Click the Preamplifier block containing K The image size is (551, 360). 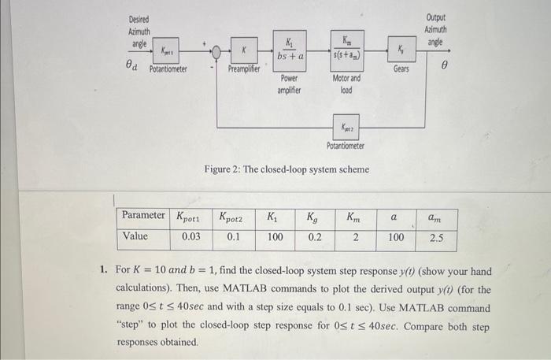click(x=245, y=53)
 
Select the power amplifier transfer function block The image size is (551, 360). click(x=290, y=52)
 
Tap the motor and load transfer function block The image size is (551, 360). click(x=346, y=52)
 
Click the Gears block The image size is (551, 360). click(x=401, y=53)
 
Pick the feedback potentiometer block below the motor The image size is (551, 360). click(x=346, y=126)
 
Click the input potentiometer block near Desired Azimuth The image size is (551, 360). click(x=167, y=53)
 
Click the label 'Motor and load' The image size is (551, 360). click(x=346, y=84)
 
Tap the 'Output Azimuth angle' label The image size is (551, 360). click(x=435, y=29)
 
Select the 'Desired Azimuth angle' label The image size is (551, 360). click(x=139, y=32)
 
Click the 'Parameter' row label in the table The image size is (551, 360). click(x=143, y=215)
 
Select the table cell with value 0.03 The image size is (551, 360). click(x=190, y=236)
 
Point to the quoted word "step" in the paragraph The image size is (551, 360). click(x=132, y=325)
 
